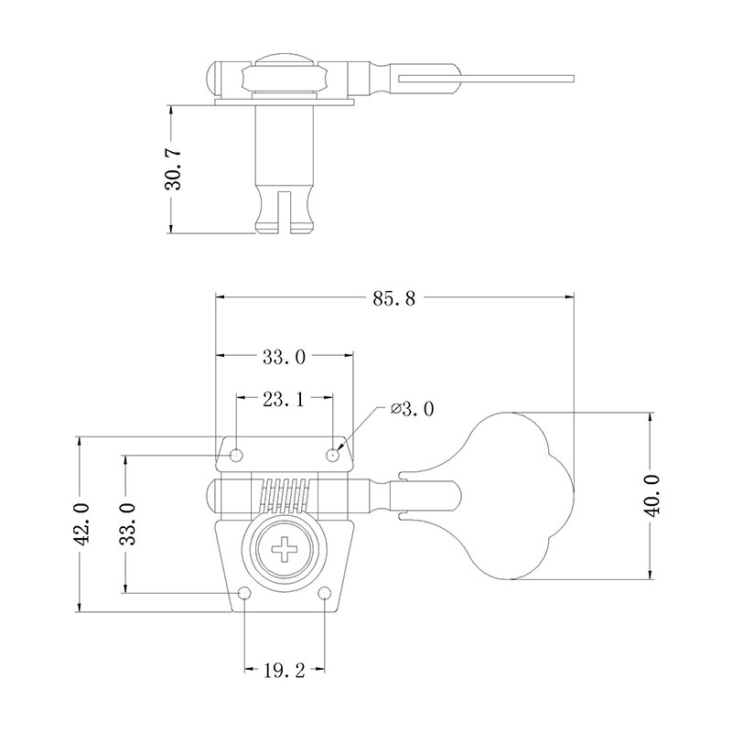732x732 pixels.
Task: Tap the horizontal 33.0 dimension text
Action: [284, 358]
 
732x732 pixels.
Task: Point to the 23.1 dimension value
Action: [284, 399]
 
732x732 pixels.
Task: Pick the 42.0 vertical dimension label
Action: [81, 524]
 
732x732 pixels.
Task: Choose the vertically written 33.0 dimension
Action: [127, 524]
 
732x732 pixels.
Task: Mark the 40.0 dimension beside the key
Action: [653, 496]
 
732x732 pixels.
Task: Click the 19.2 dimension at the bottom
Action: [284, 671]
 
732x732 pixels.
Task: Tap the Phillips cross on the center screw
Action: [285, 551]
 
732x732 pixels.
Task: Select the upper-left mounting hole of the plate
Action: [237, 454]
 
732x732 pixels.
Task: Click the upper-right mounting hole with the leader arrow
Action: [334, 453]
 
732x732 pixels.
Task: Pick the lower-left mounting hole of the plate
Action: [244, 595]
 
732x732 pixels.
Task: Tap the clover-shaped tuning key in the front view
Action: [522, 495]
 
